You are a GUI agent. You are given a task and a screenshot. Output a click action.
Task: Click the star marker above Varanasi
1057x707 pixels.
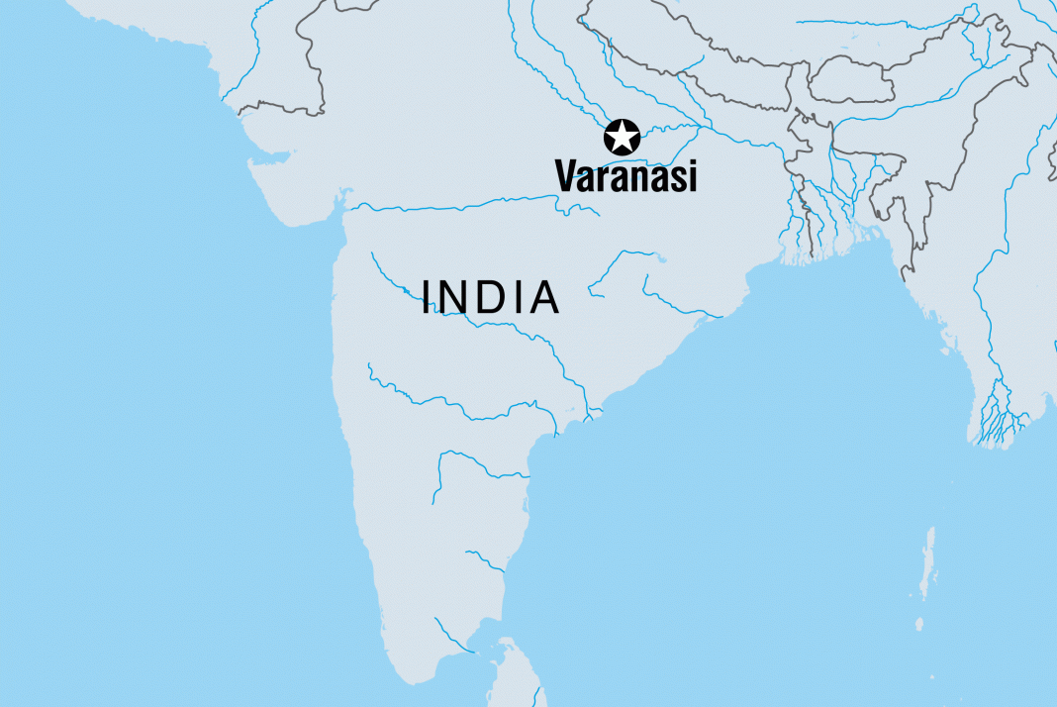622,138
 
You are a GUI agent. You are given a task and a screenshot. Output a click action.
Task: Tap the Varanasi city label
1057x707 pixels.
625,176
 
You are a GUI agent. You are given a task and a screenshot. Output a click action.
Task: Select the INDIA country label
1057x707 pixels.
491,298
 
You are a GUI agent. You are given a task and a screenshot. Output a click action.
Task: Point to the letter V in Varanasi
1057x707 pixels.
567,176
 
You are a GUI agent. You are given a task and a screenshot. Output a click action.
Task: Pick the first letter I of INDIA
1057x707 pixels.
427,298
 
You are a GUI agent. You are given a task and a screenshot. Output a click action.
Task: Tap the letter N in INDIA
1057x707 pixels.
457,298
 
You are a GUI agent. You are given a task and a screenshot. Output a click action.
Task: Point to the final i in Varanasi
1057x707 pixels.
692,176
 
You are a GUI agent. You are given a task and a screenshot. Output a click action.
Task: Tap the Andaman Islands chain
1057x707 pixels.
927,564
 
